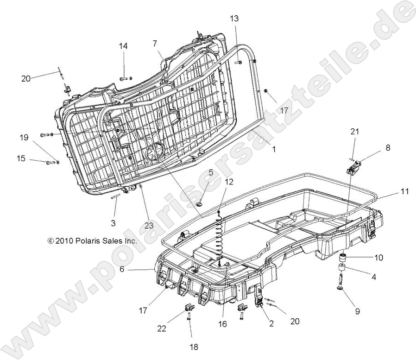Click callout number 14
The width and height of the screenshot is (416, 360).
coord(123,46)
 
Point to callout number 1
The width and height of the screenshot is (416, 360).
coord(273,149)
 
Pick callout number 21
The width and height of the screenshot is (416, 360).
coord(354,133)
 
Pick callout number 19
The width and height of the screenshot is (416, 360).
coord(24,137)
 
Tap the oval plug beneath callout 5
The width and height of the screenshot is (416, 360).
coord(200,204)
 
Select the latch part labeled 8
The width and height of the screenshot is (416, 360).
coord(354,166)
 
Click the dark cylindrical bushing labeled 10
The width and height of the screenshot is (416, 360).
coord(344,257)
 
